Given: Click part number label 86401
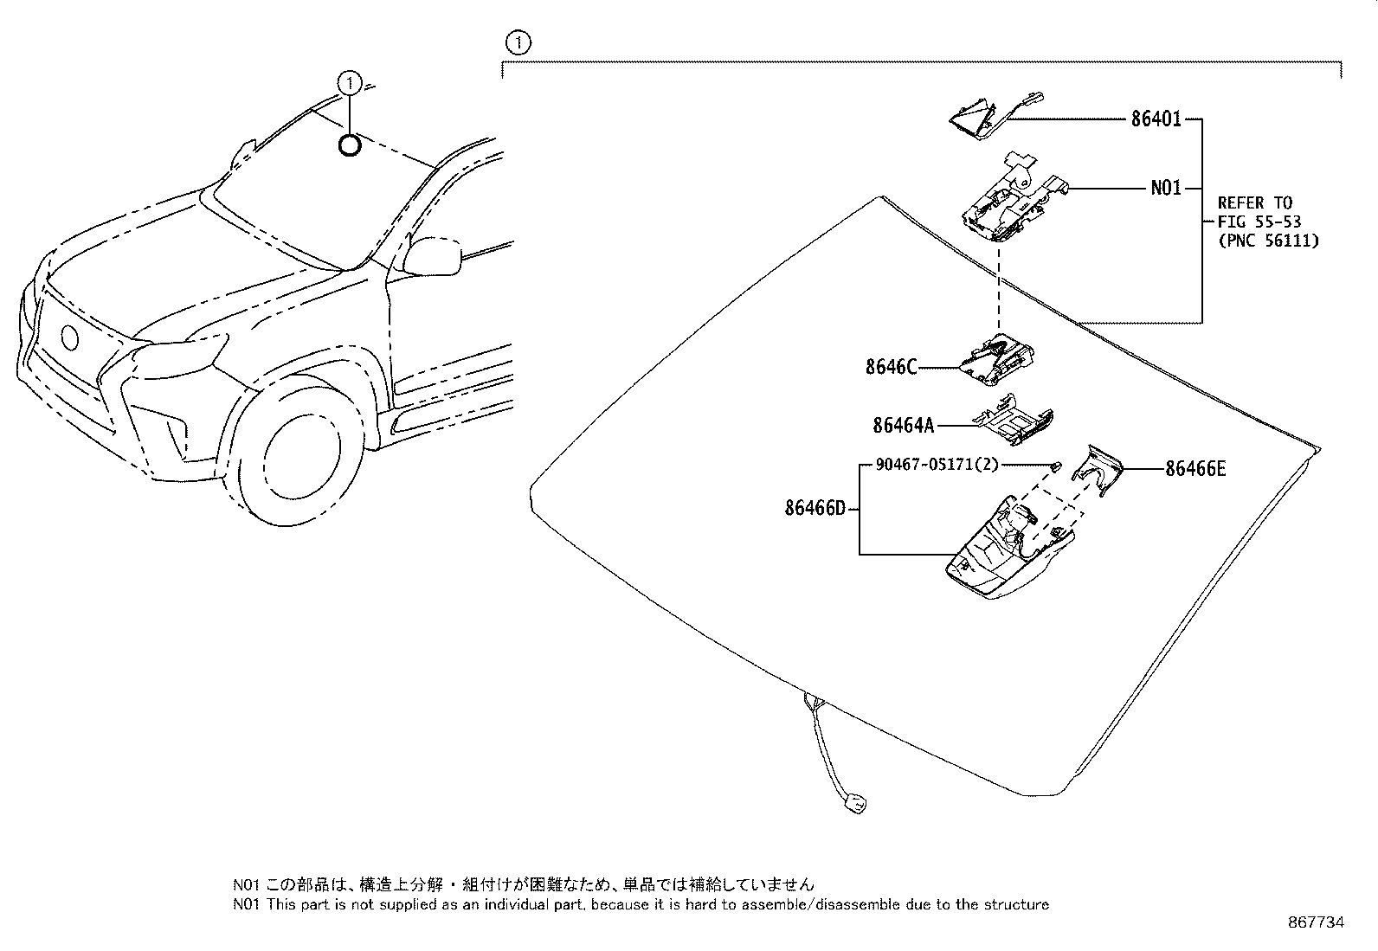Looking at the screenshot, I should [x=1156, y=119].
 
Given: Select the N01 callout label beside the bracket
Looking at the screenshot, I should [x=1165, y=187].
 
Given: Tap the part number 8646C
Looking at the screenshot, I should [x=891, y=367].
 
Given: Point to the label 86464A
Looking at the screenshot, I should [x=904, y=425].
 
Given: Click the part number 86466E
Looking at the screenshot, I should [x=1195, y=469].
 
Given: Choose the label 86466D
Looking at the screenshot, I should [x=815, y=509].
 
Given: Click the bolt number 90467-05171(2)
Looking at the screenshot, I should [x=937, y=465].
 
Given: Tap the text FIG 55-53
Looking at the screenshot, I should [x=1259, y=222].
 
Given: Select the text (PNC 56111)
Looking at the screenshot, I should [x=1268, y=241].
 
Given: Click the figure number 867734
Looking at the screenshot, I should [x=1316, y=922].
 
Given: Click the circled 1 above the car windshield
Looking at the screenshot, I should [x=349, y=83].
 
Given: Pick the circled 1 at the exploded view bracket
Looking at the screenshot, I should [x=517, y=42].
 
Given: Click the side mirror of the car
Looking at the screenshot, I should [x=432, y=254].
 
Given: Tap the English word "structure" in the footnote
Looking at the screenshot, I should [x=1018, y=904].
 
